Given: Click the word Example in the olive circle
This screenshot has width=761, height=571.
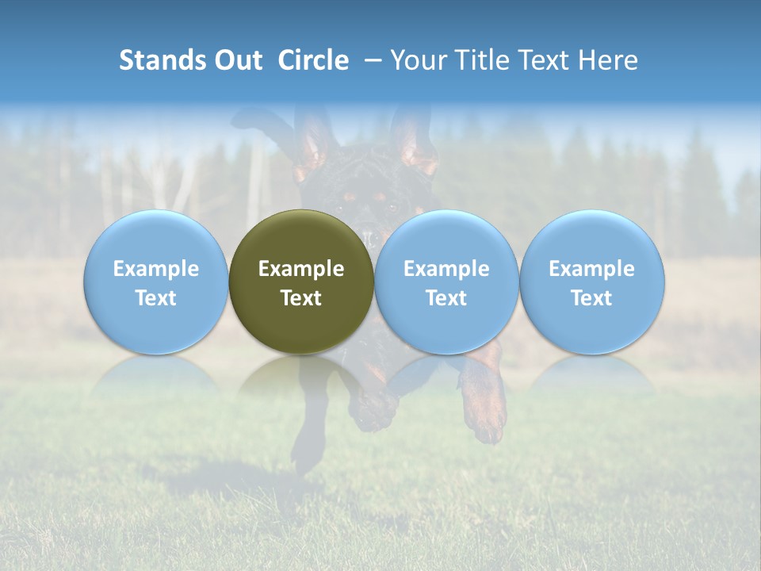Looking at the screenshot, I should pos(301,269).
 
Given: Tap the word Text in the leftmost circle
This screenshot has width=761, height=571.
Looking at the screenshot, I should pos(155,298).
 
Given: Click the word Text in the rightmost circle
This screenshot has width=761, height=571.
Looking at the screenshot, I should pos(591,298).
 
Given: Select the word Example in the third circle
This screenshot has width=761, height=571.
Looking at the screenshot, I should pos(446,269).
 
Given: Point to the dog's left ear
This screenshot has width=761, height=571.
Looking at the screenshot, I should pos(313,143).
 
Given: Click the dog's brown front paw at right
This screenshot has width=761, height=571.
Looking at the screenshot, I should pos(484,404).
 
